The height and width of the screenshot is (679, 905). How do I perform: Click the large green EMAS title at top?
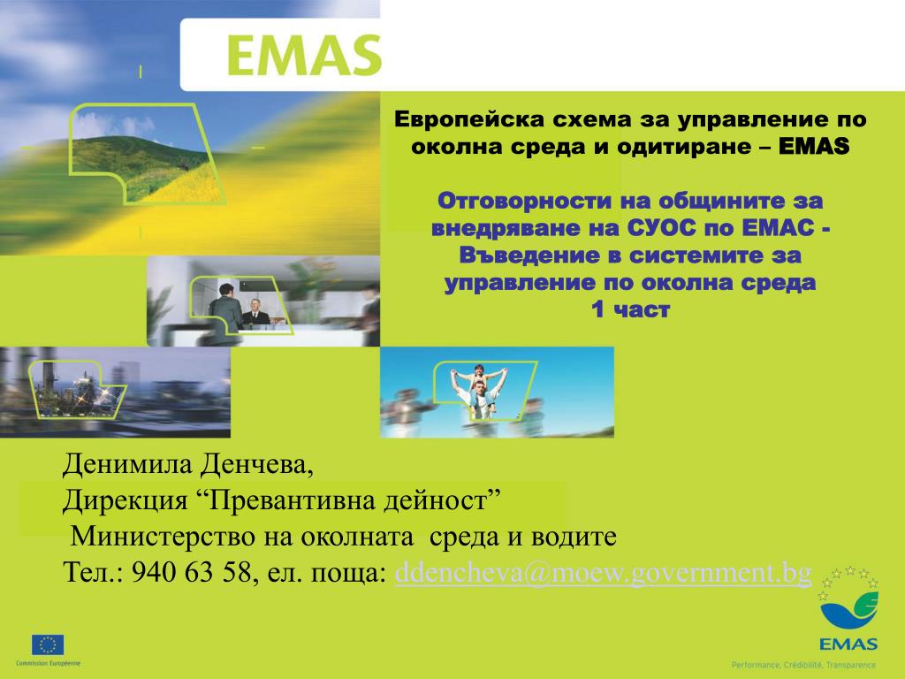[x=304, y=56]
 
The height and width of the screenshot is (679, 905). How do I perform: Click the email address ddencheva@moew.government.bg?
[x=603, y=573]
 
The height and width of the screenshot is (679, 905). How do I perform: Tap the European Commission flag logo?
[x=48, y=645]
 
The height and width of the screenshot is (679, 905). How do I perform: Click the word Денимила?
[x=127, y=463]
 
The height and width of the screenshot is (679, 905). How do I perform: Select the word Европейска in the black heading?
[x=468, y=119]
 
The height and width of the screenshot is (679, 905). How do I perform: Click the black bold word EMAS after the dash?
[x=814, y=146]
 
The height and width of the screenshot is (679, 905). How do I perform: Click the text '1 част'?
[x=630, y=309]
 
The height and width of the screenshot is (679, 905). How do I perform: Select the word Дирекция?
[x=125, y=501]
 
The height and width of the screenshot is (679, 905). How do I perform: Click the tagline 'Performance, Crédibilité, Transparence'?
[x=803, y=665]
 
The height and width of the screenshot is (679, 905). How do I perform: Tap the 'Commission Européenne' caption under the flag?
[x=49, y=663]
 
